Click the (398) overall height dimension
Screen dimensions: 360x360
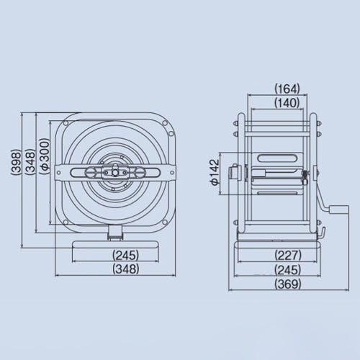[17, 161]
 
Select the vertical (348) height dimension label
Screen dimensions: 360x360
[30, 161]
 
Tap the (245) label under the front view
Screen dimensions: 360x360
[126, 255]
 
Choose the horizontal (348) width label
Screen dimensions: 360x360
[126, 269]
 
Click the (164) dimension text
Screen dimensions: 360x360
[287, 89]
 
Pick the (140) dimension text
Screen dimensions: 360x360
[287, 103]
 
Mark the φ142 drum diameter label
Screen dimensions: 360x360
[215, 172]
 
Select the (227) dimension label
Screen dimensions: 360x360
[288, 255]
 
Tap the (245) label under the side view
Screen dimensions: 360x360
[288, 269]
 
